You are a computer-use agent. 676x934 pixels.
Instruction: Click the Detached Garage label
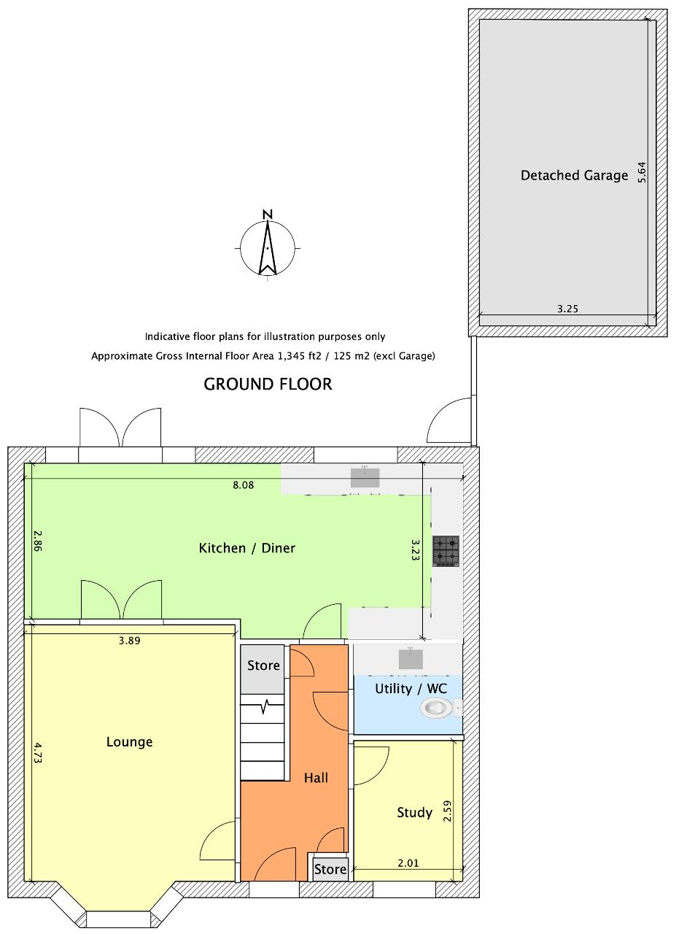(574, 176)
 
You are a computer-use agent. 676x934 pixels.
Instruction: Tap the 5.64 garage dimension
(642, 171)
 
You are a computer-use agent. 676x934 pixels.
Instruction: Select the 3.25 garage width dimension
(567, 309)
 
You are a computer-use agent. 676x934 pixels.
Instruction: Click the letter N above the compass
(268, 215)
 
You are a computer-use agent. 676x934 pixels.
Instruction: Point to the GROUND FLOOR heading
(268, 384)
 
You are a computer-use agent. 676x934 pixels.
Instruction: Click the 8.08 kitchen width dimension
(243, 485)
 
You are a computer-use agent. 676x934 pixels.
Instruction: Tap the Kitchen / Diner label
(246, 547)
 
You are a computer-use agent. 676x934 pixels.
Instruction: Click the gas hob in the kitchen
(446, 551)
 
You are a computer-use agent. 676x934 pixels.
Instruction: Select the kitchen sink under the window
(365, 477)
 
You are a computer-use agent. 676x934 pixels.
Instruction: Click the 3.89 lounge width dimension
(129, 641)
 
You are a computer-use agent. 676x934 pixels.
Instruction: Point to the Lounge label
(129, 741)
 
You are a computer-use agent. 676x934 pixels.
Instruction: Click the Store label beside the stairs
(263, 665)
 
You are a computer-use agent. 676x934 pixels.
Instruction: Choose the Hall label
(316, 777)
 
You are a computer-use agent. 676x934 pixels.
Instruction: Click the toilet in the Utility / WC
(438, 709)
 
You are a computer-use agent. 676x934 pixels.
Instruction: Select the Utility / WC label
(411, 688)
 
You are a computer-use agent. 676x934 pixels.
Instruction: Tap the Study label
(414, 812)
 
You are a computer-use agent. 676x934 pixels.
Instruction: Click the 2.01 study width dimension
(408, 863)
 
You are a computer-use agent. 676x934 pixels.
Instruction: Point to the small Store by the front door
(330, 869)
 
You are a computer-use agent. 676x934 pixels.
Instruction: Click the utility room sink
(411, 659)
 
